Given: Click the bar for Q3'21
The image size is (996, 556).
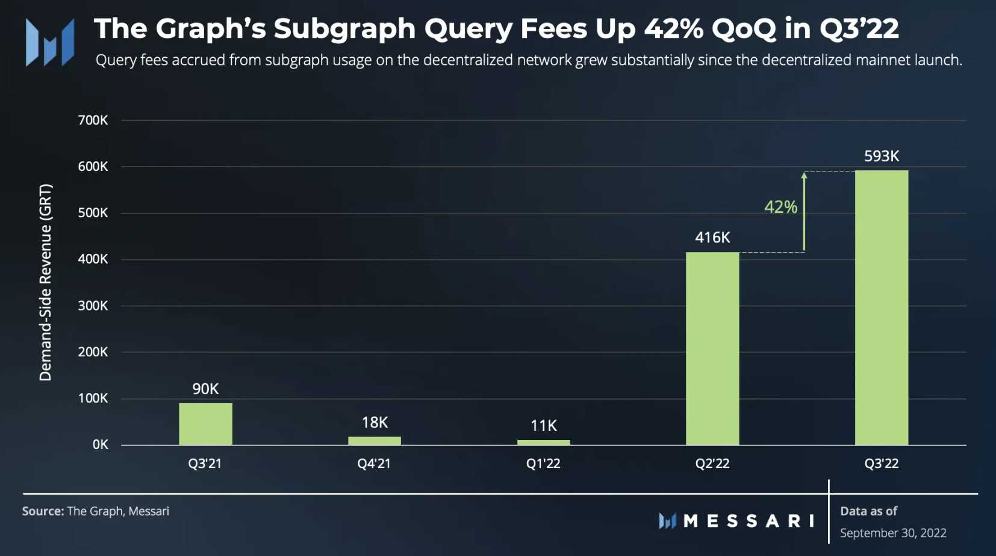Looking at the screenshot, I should [205, 424].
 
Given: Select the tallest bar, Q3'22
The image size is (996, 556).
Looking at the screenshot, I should [882, 307].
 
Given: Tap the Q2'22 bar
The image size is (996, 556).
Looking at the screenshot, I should [712, 348].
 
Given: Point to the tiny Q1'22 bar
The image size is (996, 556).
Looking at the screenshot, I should [543, 442].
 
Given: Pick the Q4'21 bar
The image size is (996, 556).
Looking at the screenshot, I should [374, 440].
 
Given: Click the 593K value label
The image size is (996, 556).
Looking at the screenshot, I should [882, 156].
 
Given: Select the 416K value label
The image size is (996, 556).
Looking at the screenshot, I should [712, 237].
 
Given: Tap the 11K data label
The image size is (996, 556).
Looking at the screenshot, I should [543, 425].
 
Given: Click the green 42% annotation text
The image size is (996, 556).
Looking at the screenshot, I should [780, 207].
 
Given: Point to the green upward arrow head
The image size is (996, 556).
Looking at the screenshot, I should [804, 176].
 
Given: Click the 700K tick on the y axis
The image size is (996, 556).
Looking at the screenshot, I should [93, 120].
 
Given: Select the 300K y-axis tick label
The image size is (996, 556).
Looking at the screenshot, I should [93, 306].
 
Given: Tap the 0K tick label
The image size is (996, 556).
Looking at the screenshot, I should [100, 445].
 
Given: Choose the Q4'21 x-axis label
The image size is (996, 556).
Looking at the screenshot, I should [374, 463].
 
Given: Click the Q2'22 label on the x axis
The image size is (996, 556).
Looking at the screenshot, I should [712, 463].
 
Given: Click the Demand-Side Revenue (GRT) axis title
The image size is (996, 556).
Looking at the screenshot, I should [46, 282].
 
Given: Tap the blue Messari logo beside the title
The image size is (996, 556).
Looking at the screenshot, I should [50, 42].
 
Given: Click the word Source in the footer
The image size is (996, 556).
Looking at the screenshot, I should [43, 511].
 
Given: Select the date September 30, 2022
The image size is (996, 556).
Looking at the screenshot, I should [893, 533].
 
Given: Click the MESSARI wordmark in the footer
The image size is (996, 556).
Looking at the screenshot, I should [749, 520].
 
